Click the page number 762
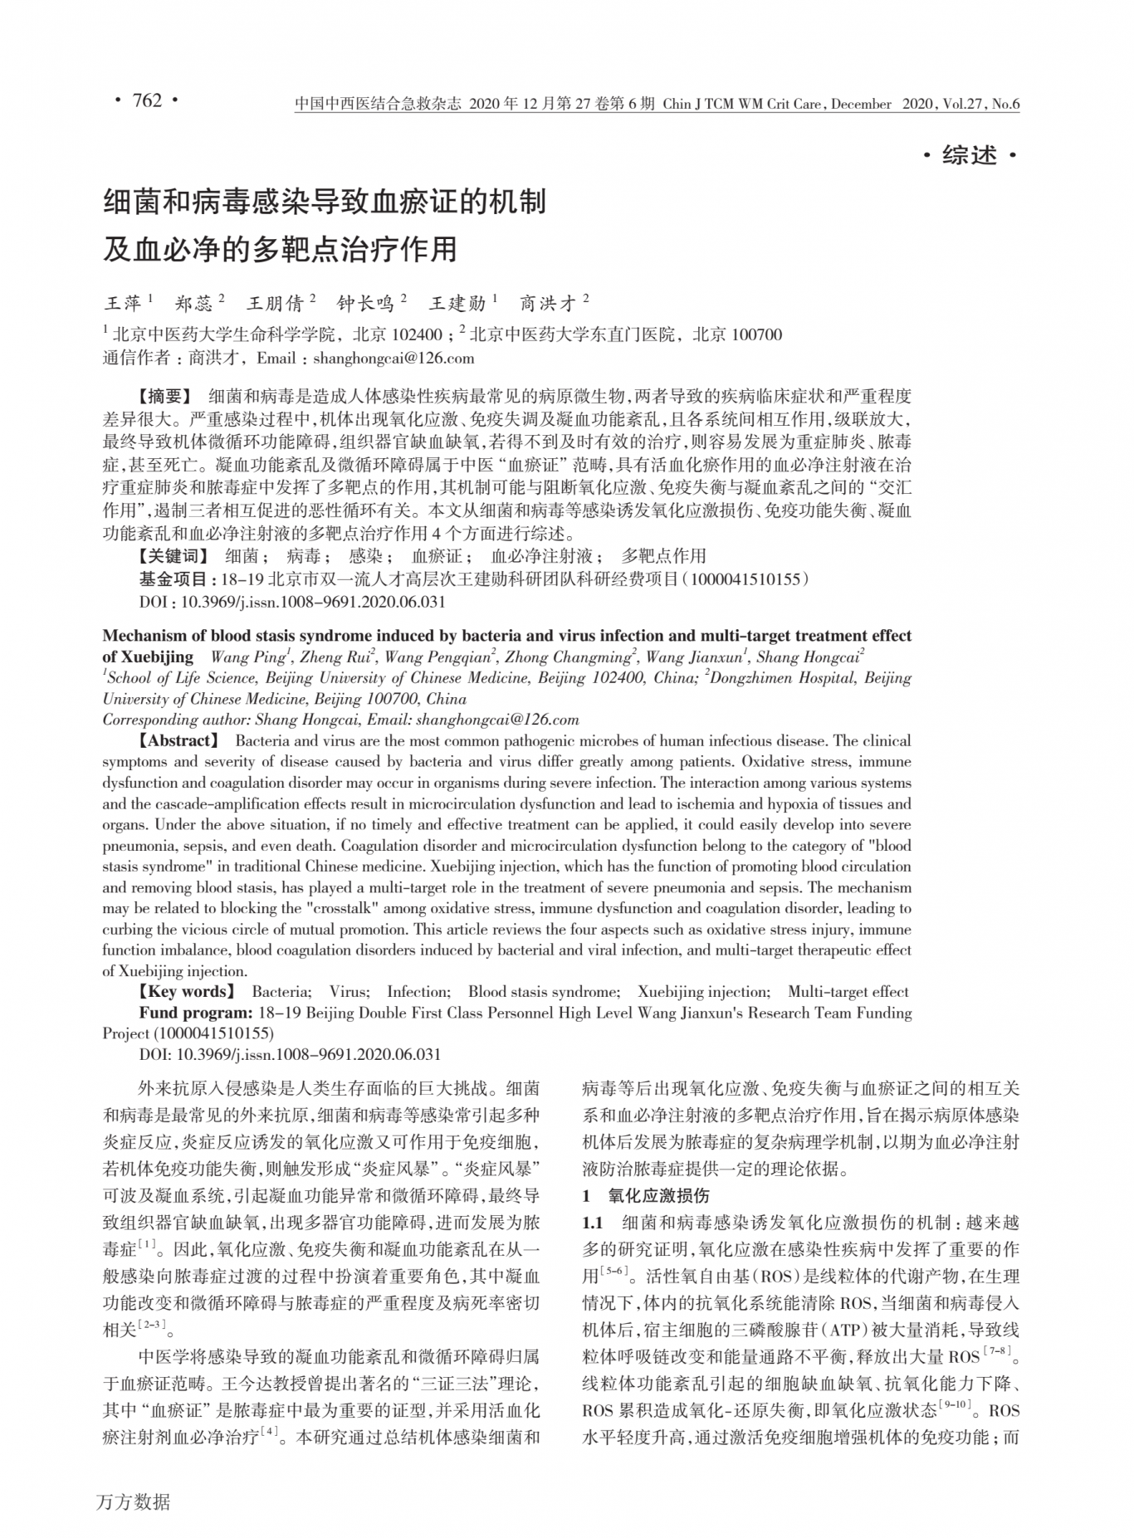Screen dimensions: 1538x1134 coord(146,101)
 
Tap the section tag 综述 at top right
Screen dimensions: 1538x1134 coord(969,155)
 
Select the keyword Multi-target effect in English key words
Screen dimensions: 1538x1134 coord(848,992)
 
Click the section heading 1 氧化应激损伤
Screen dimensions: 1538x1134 coord(646,1196)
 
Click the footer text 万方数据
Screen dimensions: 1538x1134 coord(133,1501)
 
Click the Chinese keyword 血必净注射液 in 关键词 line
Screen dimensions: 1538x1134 coord(541,556)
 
